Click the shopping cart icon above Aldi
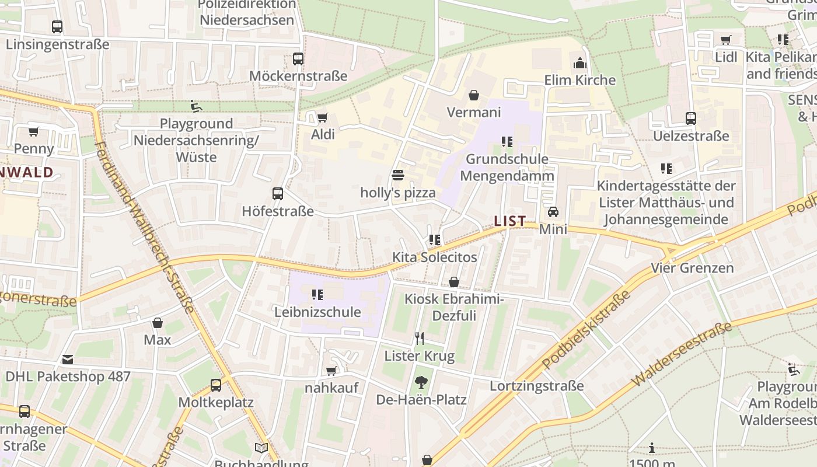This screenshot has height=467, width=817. point(322,117)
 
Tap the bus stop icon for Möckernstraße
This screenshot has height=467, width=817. point(298,58)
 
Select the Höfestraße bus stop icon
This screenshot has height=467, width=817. point(278,194)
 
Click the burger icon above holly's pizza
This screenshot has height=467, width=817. point(398,175)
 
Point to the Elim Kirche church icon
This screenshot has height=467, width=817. point(580,62)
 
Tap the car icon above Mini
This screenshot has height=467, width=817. point(553,211)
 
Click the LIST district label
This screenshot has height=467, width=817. point(510,221)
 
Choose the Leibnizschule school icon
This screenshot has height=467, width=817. point(317,295)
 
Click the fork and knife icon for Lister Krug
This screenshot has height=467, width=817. point(419,338)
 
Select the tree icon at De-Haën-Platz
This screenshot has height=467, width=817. point(421,382)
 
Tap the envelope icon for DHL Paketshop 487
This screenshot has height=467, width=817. point(68,360)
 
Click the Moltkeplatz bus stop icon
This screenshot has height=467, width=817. point(216,385)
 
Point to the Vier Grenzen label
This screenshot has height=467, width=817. point(692,268)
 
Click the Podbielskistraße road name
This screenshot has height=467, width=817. point(586,330)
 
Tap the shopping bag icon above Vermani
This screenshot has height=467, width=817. point(473,95)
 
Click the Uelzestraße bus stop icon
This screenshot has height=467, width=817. point(691,119)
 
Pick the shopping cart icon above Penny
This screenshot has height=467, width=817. point(34,131)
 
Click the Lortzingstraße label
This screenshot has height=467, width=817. point(536,386)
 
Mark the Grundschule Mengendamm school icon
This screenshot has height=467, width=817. point(507,141)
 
